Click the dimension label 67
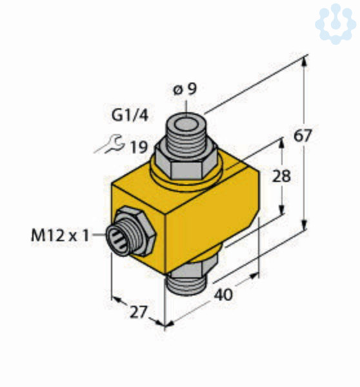click(303, 135)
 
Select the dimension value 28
click(281, 176)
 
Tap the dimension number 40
click(223, 295)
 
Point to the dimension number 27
click(139, 312)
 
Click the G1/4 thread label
click(130, 115)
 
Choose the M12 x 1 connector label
click(60, 235)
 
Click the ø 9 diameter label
click(185, 89)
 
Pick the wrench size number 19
click(139, 147)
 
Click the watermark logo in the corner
click(335, 24)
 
